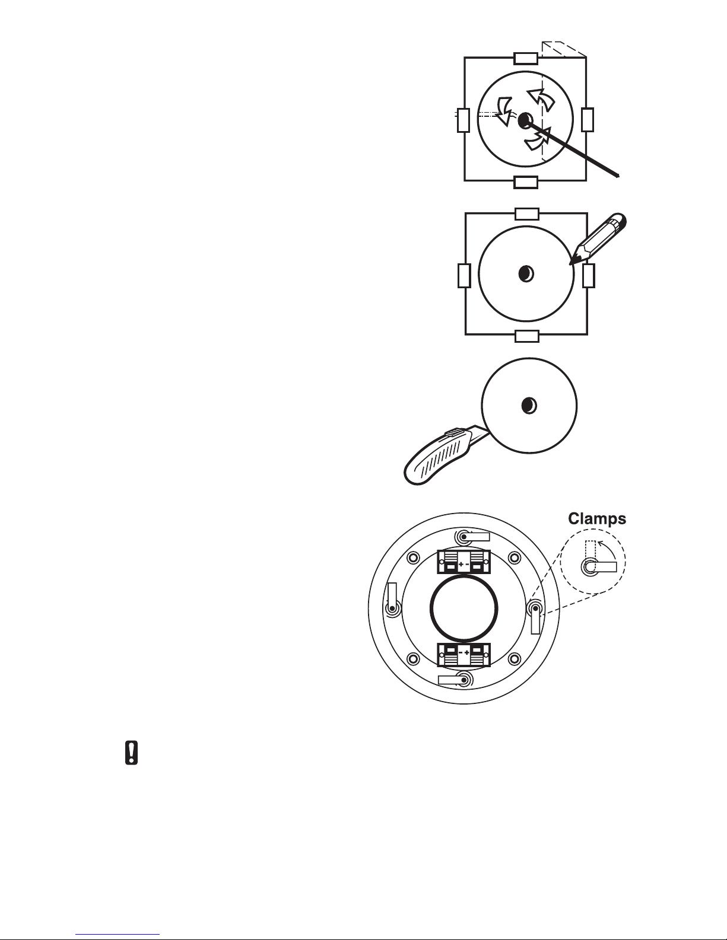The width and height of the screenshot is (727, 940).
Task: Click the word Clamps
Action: point(597,518)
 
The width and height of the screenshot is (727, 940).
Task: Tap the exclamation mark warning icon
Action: point(131,753)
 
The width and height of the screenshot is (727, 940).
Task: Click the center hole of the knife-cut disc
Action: point(529,406)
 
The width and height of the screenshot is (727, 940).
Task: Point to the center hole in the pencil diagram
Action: point(526,273)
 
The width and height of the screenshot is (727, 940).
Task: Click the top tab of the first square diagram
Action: point(526,58)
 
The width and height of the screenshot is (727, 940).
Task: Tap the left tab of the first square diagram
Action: point(463,120)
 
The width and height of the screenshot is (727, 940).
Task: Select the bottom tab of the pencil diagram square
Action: point(527,336)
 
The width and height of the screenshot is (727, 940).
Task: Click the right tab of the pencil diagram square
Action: point(589,276)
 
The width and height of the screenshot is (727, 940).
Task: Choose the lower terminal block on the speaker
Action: point(463,655)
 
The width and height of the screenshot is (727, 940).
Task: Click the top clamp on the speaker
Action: point(472,537)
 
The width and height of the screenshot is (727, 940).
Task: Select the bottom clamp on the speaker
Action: point(455,680)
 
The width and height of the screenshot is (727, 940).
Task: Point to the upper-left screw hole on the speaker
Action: point(413,557)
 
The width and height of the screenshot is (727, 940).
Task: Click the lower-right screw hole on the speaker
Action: point(514,659)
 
